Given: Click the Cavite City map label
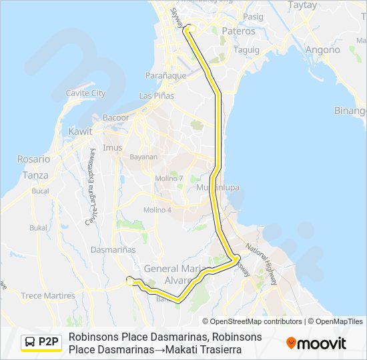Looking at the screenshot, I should (85, 93).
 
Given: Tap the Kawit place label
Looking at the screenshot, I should (81, 131).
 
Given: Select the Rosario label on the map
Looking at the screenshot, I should (34, 159).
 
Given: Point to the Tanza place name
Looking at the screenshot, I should (35, 175).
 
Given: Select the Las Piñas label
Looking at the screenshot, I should (156, 96).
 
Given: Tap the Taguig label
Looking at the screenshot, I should (247, 49).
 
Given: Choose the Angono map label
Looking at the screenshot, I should (322, 49).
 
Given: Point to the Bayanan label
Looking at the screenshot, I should (143, 157).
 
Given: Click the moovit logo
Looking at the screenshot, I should (316, 343).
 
